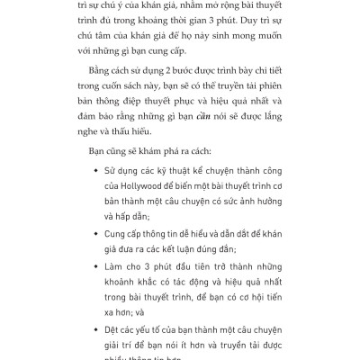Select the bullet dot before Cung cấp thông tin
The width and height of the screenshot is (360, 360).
(x=95, y=230)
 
